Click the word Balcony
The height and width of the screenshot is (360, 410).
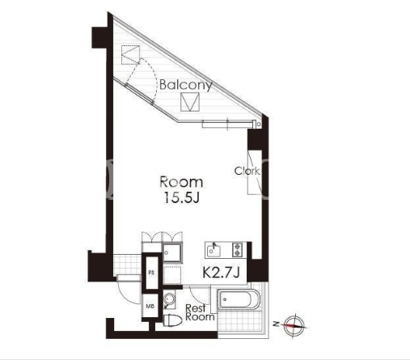186,85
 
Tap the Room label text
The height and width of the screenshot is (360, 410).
181,182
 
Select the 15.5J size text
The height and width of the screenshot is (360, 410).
181,198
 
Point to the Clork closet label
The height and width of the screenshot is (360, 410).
247,171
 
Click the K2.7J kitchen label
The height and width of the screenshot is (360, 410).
221,273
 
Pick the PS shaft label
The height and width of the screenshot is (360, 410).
151,273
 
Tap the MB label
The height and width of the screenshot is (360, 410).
150,307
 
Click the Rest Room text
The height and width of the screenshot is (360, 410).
200,312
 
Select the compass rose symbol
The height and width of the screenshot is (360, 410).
294,325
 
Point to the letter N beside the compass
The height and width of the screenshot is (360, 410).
277,324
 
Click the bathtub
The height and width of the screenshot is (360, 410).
239,299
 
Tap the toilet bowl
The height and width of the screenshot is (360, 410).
172,321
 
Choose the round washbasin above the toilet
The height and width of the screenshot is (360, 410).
170,299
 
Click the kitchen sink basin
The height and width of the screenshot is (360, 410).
214,251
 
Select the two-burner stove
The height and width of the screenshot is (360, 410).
238,249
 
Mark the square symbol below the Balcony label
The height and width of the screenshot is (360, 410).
190,102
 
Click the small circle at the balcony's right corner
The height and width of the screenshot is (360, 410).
259,125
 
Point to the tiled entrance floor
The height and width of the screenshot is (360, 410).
127,265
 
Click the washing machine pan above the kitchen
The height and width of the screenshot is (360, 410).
172,252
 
